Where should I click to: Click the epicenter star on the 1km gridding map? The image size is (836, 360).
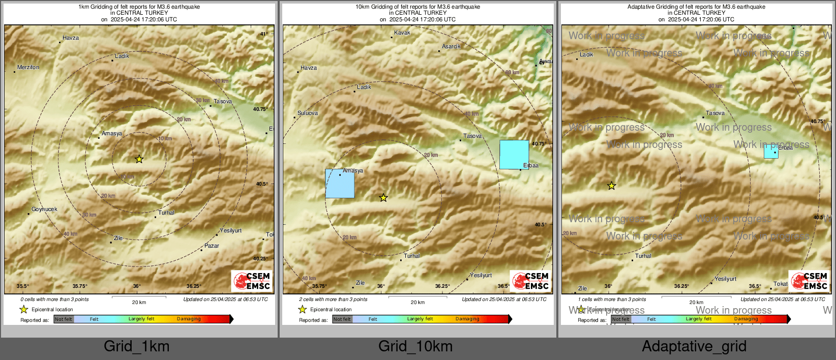pyautogui.click(x=139, y=159)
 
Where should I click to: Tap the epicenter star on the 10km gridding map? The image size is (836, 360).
pyautogui.click(x=383, y=198)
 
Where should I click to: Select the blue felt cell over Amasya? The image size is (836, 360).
pyautogui.click(x=340, y=184)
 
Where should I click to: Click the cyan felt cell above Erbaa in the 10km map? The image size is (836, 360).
pyautogui.click(x=514, y=155)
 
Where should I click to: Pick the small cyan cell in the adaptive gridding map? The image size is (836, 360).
pyautogui.click(x=771, y=152)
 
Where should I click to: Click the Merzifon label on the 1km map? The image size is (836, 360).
pyautogui.click(x=28, y=67)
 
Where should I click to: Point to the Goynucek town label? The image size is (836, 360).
pyautogui.click(x=44, y=209)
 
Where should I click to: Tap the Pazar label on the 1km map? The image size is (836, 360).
pyautogui.click(x=212, y=246)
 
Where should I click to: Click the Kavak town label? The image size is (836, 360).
pyautogui.click(x=402, y=33)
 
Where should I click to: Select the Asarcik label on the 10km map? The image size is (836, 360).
pyautogui.click(x=451, y=46)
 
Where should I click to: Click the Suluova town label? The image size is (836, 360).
pyautogui.click(x=308, y=113)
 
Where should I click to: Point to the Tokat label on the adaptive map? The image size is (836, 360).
pyautogui.click(x=781, y=284)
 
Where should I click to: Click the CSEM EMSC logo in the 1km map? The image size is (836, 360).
pyautogui.click(x=252, y=281)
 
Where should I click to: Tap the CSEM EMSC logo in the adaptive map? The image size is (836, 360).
pyautogui.click(x=810, y=281)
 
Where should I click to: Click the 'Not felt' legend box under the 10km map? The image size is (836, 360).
pyautogui.click(x=342, y=319)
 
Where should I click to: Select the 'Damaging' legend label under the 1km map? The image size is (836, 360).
pyautogui.click(x=189, y=319)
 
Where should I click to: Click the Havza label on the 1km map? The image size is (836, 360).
pyautogui.click(x=71, y=38)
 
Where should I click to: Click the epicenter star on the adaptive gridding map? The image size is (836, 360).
pyautogui.click(x=611, y=186)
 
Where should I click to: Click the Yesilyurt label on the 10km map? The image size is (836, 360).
pyautogui.click(x=481, y=275)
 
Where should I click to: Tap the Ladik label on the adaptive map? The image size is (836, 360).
pyautogui.click(x=586, y=54)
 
